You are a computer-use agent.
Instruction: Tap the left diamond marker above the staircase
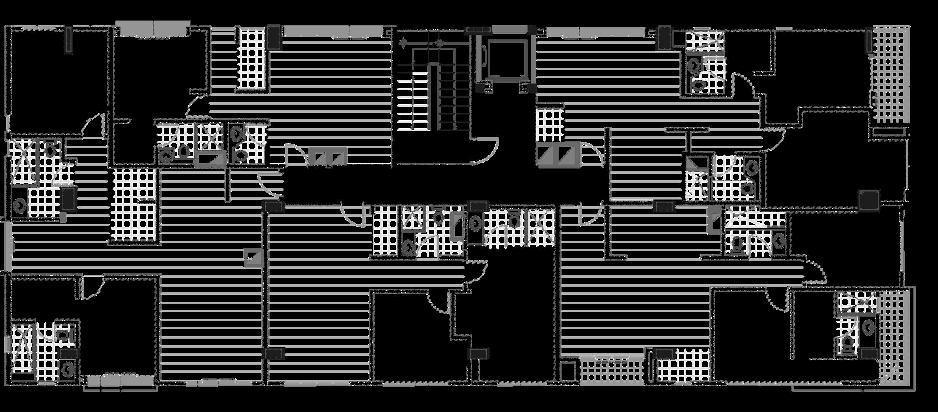tap(403, 43)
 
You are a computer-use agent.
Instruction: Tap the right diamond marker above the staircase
tap(439, 43)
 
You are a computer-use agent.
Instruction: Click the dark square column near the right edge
tap(869, 200)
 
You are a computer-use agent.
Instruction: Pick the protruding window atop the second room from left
tap(153, 29)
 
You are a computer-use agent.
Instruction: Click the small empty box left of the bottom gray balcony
tap(568, 371)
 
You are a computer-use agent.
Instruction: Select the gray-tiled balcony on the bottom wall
tap(612, 371)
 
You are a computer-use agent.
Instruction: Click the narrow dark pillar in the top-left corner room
tap(68, 40)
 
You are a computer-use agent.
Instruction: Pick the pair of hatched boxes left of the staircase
tap(327, 156)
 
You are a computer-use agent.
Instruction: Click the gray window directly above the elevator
tap(509, 29)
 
